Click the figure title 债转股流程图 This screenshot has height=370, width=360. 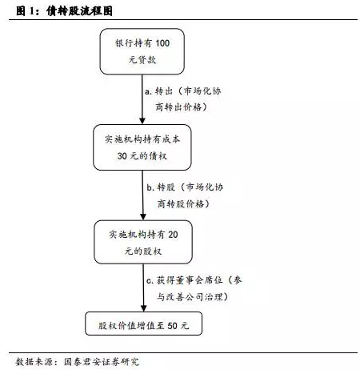pyautogui.click(x=79, y=11)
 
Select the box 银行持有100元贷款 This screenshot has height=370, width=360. pyautogui.click(x=142, y=51)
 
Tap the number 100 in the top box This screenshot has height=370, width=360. pyautogui.click(x=162, y=43)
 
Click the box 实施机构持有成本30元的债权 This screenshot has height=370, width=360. pyautogui.click(x=142, y=147)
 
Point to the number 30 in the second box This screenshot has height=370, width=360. pyautogui.click(x=122, y=156)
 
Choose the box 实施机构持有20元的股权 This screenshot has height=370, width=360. pyautogui.click(x=143, y=242)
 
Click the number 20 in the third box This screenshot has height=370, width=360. pyautogui.click(x=173, y=235)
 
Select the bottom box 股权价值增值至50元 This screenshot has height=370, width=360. pyautogui.click(x=143, y=324)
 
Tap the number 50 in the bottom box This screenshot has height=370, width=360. pyautogui.click(x=172, y=326)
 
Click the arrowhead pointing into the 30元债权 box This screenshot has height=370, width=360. pyautogui.click(x=142, y=121)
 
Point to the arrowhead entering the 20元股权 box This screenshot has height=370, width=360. pyautogui.click(x=143, y=216)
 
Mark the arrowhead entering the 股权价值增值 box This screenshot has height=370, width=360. pyautogui.click(x=143, y=308)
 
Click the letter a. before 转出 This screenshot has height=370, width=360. pyautogui.click(x=148, y=91)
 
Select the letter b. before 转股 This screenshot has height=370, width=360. pyautogui.click(x=150, y=187)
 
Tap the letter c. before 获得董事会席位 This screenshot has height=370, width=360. pyautogui.click(x=150, y=281)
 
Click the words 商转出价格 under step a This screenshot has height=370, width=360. pyautogui.click(x=178, y=107)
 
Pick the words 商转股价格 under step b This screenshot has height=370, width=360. pyautogui.click(x=181, y=203)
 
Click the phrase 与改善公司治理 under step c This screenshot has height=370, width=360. pyautogui.click(x=190, y=297)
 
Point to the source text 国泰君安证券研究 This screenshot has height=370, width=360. pyautogui.click(x=102, y=362)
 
